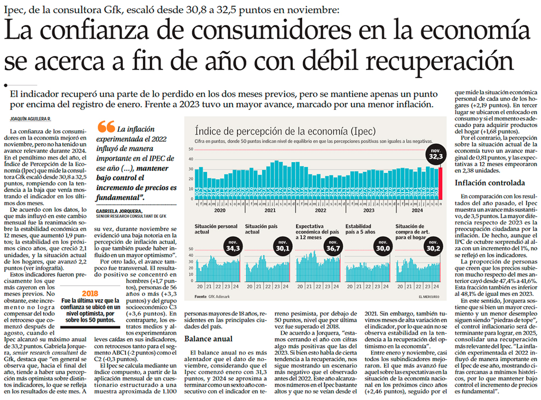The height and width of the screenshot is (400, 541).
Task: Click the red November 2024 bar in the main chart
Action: pos(441,183)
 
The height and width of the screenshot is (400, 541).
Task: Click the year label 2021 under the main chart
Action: pos(270,210)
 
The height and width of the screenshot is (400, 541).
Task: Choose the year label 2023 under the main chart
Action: pos(369,210)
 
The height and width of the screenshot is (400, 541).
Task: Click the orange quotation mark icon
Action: pos(106,127)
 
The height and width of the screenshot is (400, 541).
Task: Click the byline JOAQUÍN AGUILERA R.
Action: pos(30,119)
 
